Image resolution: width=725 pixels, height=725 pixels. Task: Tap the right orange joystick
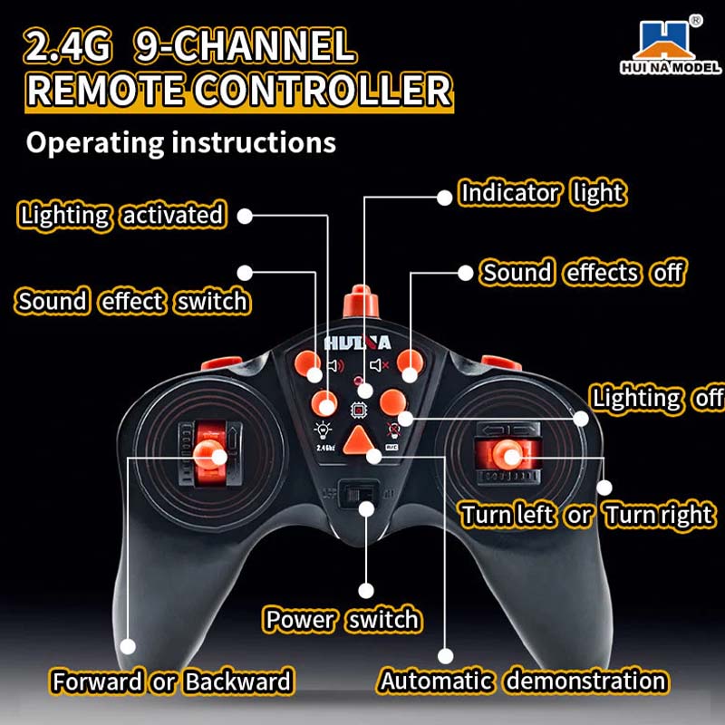point(513,453)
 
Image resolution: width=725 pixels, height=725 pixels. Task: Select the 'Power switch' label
point(343,620)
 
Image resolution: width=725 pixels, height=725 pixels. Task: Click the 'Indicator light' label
point(542,193)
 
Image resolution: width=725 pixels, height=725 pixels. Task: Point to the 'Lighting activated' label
point(121,216)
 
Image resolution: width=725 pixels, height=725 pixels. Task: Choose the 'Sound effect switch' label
point(132,301)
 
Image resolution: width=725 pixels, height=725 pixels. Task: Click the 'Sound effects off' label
point(582,273)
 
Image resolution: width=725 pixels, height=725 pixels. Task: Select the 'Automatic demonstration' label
point(523,681)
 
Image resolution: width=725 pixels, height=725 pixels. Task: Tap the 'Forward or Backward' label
point(172,681)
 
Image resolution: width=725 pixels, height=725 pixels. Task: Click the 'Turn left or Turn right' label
point(586,516)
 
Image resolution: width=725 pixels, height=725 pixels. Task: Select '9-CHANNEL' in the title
point(244,48)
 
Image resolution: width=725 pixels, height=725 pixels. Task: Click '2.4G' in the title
point(70,48)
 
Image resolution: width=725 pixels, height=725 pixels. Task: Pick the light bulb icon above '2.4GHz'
point(320,430)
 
